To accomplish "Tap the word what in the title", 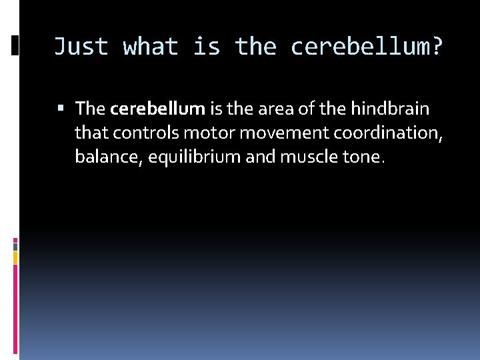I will pyautogui.click(x=151, y=47).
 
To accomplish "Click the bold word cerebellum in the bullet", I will pyautogui.click(x=158, y=108).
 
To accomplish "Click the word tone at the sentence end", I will pyautogui.click(x=363, y=157).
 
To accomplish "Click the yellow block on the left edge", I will pyautogui.click(x=15, y=257).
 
